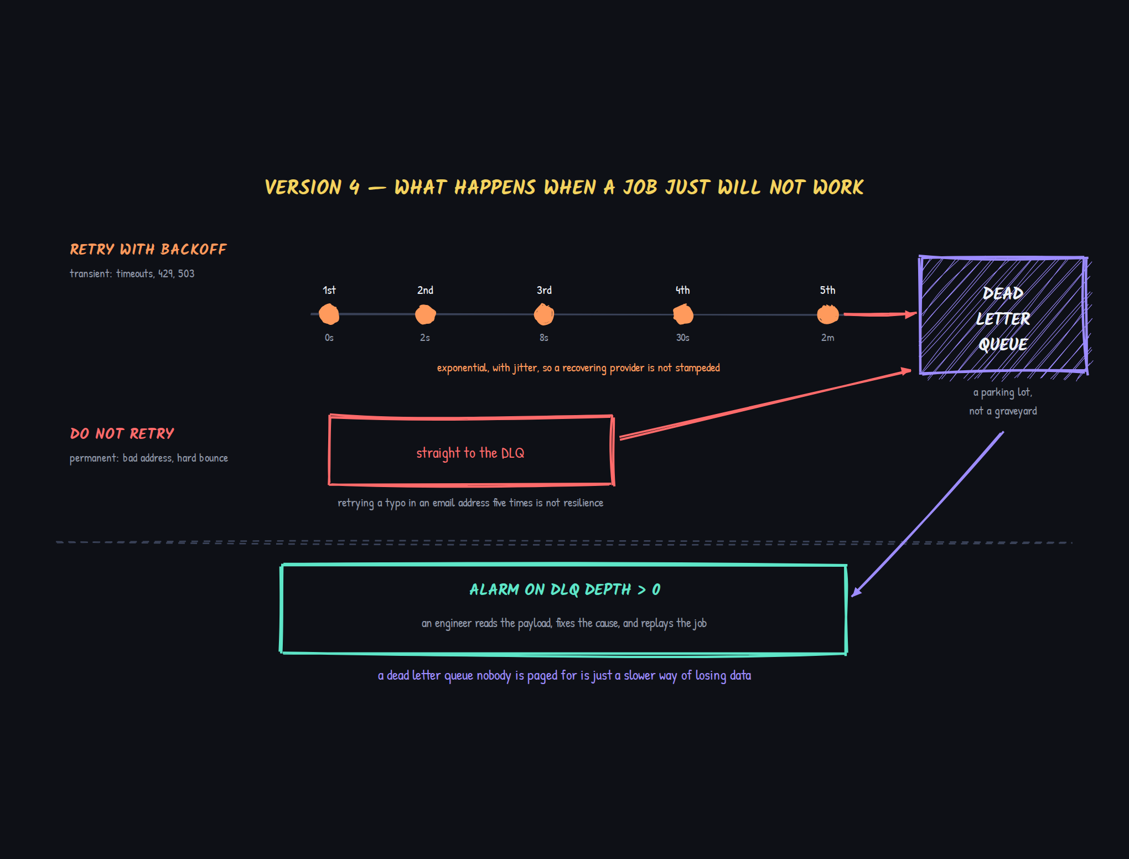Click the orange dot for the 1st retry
(x=329, y=314)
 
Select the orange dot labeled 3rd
(x=544, y=314)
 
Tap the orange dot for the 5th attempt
(x=828, y=314)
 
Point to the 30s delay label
(x=683, y=338)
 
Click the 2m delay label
(x=828, y=338)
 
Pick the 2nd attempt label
(x=425, y=290)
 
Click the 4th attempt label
(x=683, y=290)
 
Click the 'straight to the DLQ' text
(x=470, y=453)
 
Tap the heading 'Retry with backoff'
(x=148, y=250)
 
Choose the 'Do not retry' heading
(x=122, y=433)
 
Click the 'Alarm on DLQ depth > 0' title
(x=564, y=589)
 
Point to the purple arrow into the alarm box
(x=928, y=514)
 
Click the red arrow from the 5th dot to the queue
(x=880, y=314)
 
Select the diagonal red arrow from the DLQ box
(x=765, y=404)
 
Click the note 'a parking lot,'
(x=1003, y=392)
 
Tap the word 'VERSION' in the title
(x=303, y=187)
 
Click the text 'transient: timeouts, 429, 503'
(x=132, y=273)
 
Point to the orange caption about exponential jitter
(x=578, y=368)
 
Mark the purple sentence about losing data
(x=564, y=676)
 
